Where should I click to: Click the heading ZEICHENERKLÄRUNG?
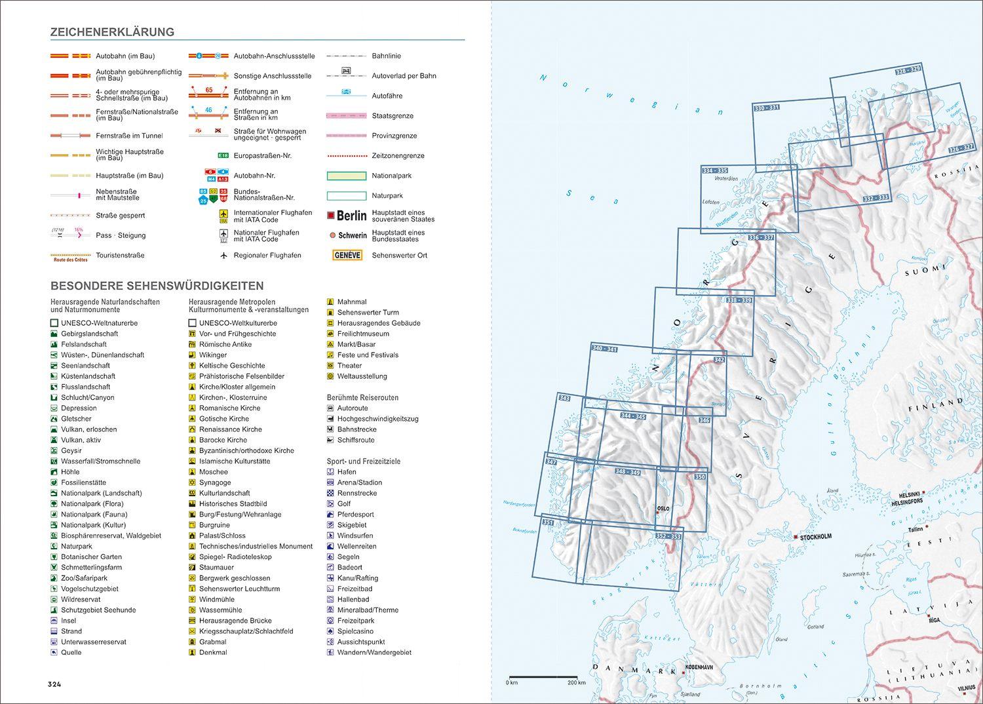[x=112, y=32]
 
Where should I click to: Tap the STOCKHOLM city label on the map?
[x=815, y=537]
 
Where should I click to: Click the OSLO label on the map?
[x=663, y=509]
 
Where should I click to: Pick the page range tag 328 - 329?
[x=908, y=70]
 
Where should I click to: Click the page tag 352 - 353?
[x=668, y=536]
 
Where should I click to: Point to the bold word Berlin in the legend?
[x=351, y=216]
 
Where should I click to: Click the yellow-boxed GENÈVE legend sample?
[x=347, y=255]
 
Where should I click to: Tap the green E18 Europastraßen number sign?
[x=223, y=156]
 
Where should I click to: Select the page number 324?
[x=54, y=684]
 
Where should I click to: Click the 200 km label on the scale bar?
[x=577, y=683]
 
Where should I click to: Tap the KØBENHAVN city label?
[x=699, y=667]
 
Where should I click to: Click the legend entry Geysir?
[x=71, y=450]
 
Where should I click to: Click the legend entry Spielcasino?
[x=355, y=631]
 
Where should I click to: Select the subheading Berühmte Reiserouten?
[x=362, y=398]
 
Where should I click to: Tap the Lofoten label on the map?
[x=710, y=202]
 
